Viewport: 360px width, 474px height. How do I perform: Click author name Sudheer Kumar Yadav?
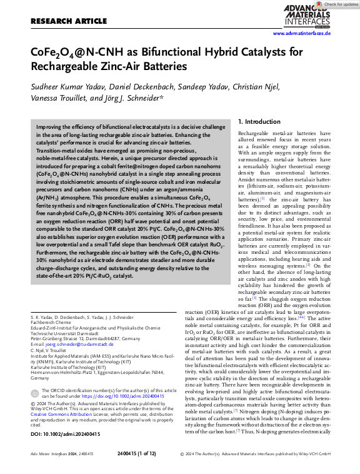point(65,86)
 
